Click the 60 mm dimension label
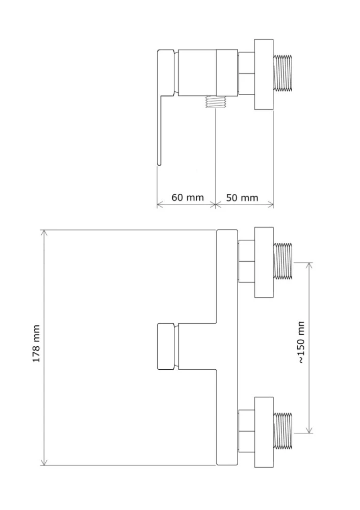click(x=188, y=197)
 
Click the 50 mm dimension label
click(x=242, y=197)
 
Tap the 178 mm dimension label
click(x=36, y=343)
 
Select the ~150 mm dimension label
click(x=301, y=342)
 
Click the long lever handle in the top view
click(x=160, y=130)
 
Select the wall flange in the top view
click(x=264, y=74)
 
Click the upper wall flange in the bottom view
click(x=264, y=262)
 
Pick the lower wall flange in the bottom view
click(x=264, y=432)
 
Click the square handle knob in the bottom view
click(x=167, y=346)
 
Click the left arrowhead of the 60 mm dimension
click(x=160, y=205)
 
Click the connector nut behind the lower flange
click(x=246, y=431)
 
